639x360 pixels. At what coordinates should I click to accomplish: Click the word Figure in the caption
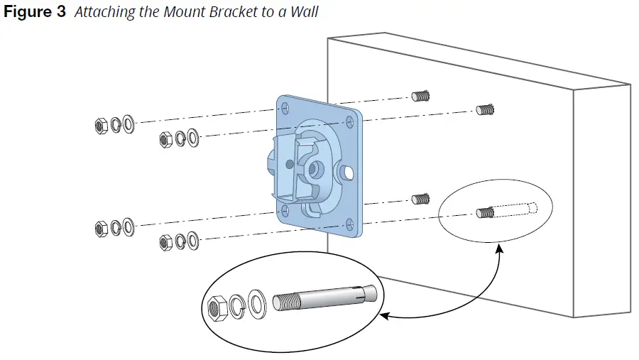26,13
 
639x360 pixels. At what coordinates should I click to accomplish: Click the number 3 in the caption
60,13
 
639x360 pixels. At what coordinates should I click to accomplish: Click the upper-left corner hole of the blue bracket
285,108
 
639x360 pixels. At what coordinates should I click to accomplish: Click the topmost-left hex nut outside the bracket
101,126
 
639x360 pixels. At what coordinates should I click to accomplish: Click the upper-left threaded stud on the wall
422,95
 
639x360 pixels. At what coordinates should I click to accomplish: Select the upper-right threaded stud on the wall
486,109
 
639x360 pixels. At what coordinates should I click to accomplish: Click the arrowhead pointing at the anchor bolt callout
383,314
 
